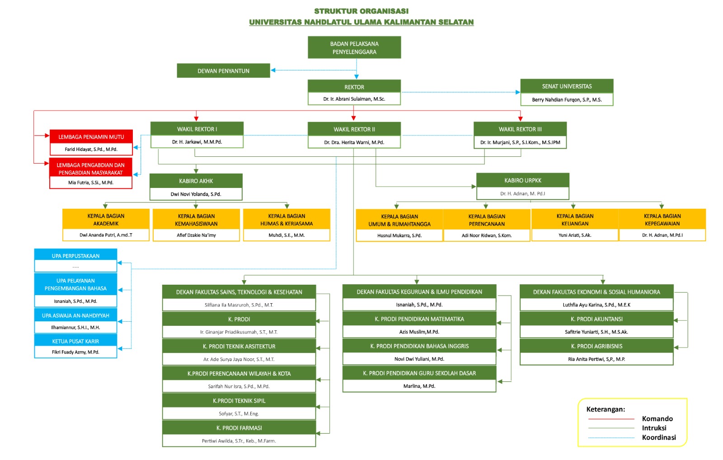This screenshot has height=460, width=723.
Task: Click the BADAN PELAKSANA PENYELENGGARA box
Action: click(354, 47)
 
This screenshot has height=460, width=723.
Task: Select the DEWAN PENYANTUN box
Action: click(223, 71)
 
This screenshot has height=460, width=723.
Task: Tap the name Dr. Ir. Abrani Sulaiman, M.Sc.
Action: click(354, 99)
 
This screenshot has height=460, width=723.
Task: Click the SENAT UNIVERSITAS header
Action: click(567, 86)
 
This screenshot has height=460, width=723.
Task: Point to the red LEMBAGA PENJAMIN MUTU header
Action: click(91, 137)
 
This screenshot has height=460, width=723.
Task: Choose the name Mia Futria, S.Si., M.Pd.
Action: click(91, 183)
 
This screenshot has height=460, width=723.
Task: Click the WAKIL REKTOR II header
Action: click(354, 129)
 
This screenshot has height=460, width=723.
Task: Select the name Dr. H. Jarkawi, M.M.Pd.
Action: click(197, 142)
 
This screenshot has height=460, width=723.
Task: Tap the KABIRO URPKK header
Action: click(522, 180)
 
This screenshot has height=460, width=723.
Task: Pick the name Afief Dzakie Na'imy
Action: click(196, 235)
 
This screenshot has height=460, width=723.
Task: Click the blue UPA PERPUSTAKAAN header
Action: click(75, 256)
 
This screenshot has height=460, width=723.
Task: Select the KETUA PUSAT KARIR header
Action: click(75, 341)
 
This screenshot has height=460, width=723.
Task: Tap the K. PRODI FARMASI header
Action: click(239, 428)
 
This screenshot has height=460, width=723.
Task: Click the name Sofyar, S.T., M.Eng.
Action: click(239, 413)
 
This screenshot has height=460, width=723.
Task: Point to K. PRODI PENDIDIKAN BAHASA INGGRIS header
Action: click(419, 346)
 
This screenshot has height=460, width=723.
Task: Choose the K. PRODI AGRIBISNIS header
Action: click(596, 346)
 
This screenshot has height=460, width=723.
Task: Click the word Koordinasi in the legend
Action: click(659, 437)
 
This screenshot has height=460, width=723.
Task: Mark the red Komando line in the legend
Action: click(611, 419)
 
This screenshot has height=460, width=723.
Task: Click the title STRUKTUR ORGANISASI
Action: click(361, 11)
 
